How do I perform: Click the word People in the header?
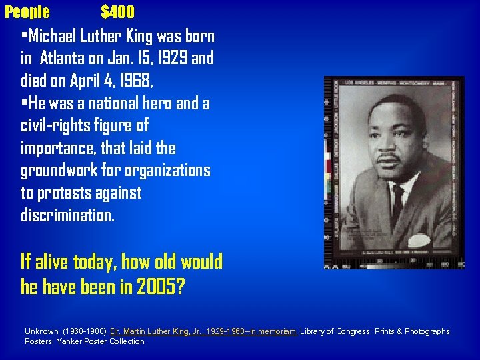[x=27, y=12]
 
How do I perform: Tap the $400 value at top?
[x=117, y=12]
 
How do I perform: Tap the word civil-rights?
[x=60, y=126]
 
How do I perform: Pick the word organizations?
[x=167, y=171]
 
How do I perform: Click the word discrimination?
[x=67, y=215]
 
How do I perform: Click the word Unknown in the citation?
[x=42, y=331]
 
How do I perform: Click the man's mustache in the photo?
[x=389, y=158]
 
